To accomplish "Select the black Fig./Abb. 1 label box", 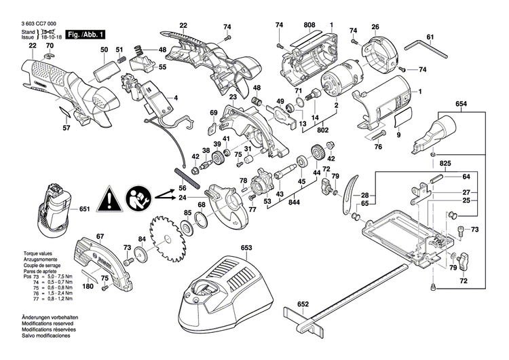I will [84, 33].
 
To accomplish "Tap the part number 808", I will [309, 25].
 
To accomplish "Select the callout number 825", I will [444, 164].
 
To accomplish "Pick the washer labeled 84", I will [141, 255].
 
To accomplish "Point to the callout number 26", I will [375, 27].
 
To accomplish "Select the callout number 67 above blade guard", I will [100, 236].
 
